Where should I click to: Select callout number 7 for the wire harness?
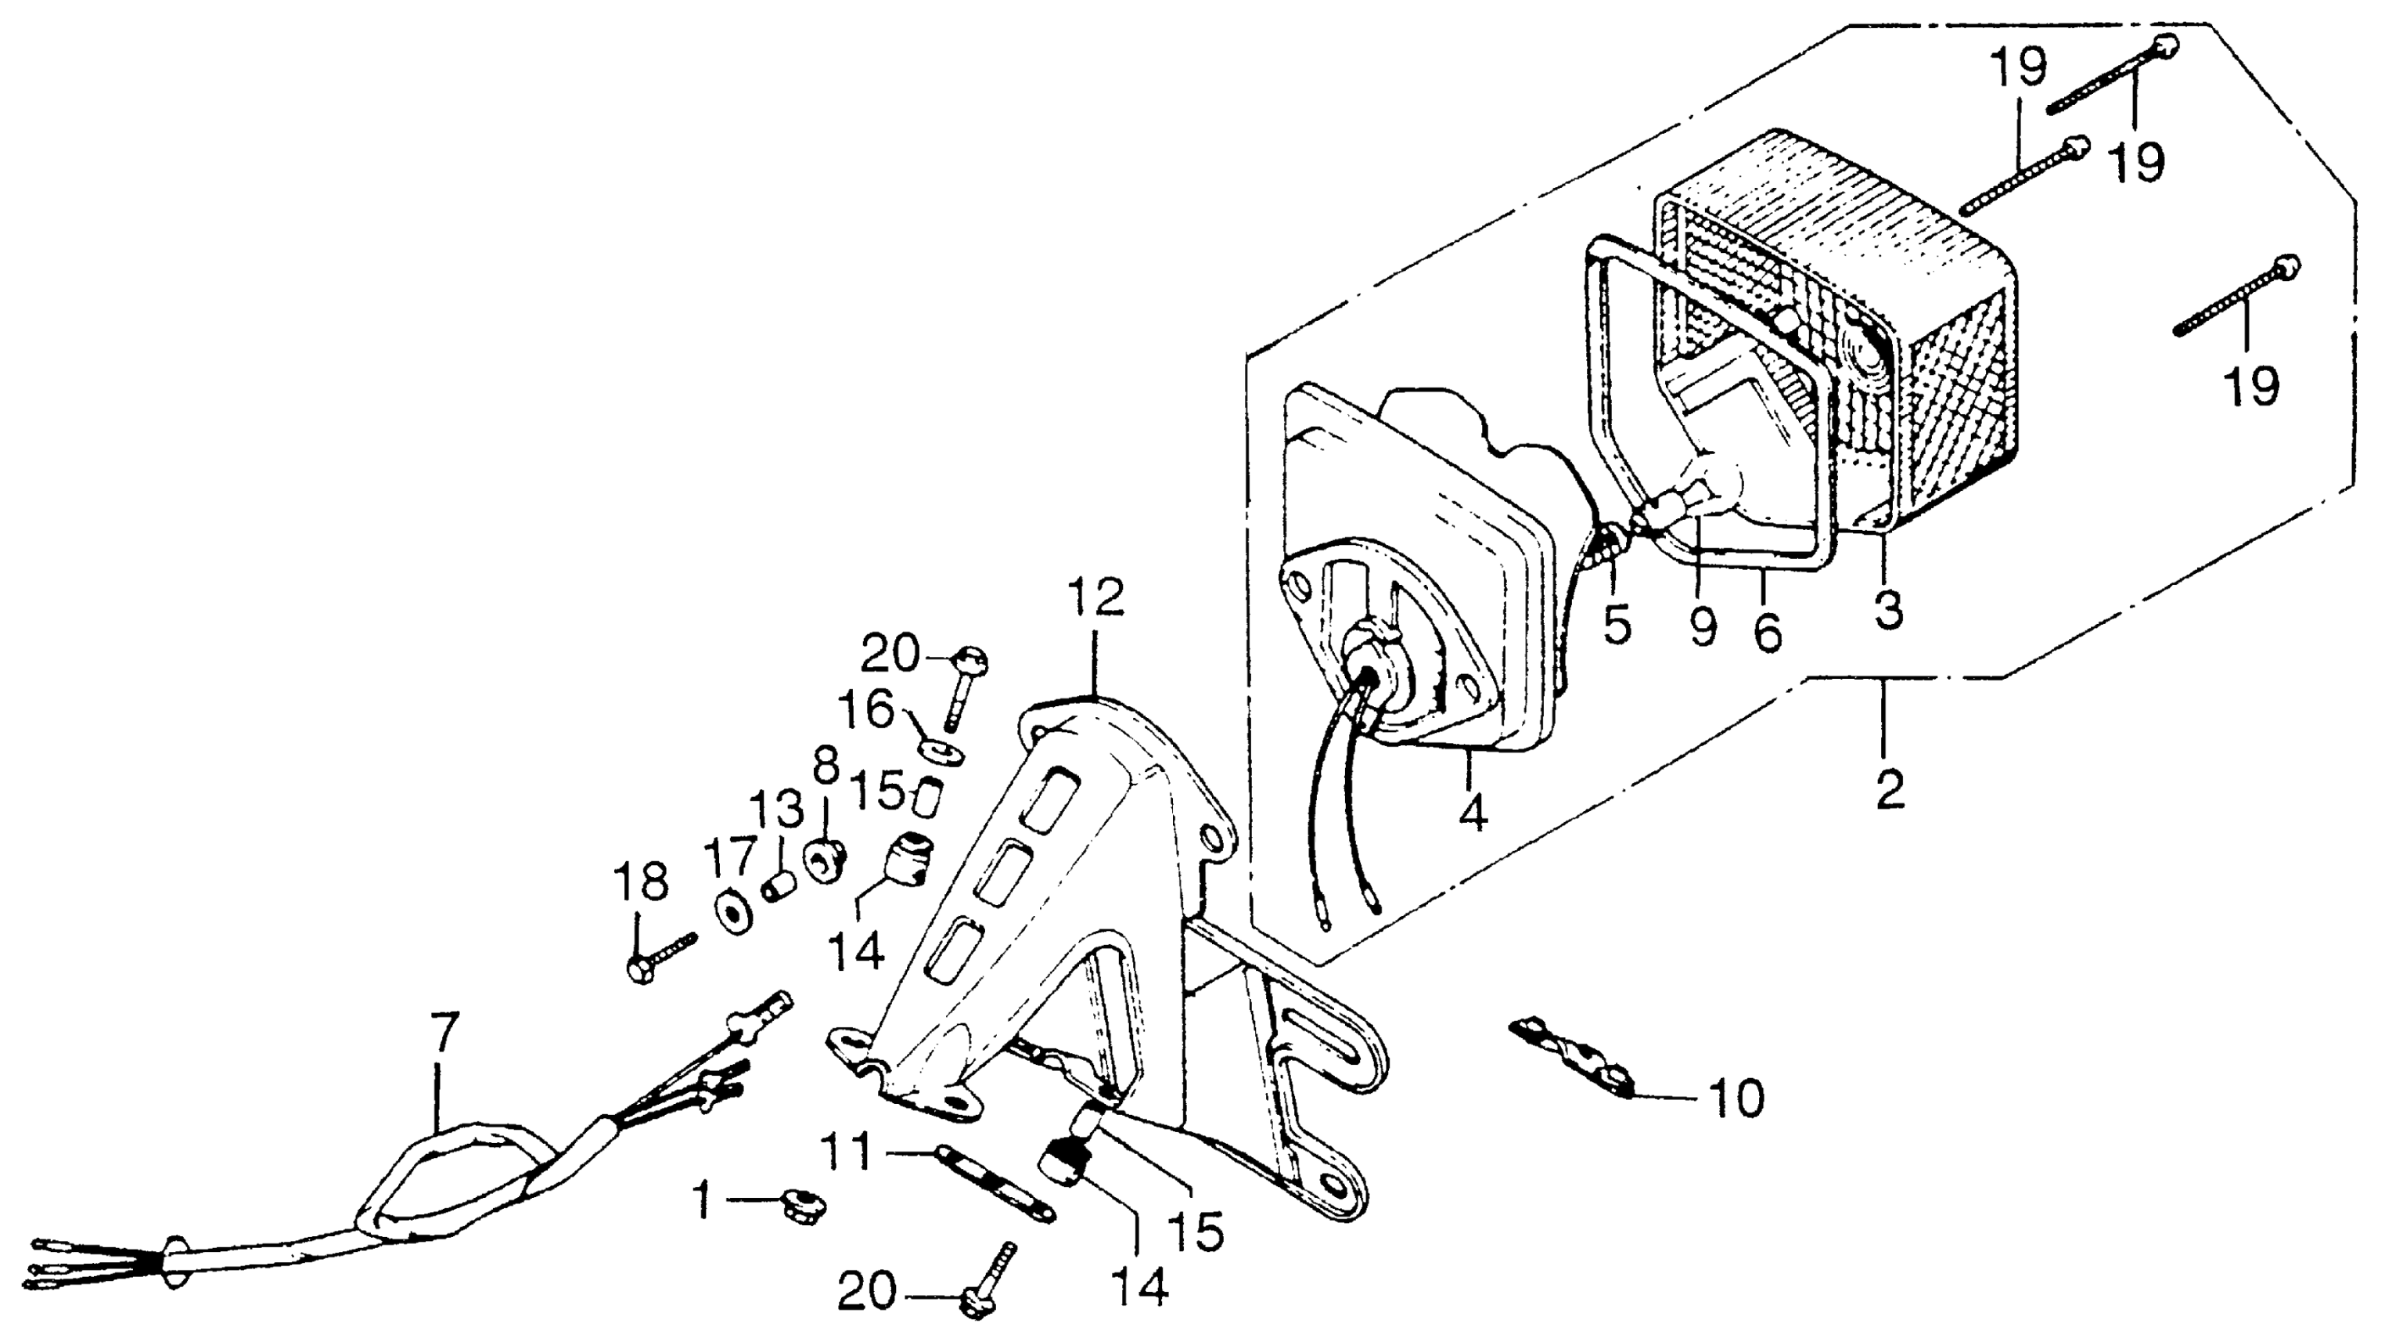[444, 1033]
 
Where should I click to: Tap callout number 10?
[1736, 1099]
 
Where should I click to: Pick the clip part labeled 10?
[1574, 1056]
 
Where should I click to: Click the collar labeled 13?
[779, 887]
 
